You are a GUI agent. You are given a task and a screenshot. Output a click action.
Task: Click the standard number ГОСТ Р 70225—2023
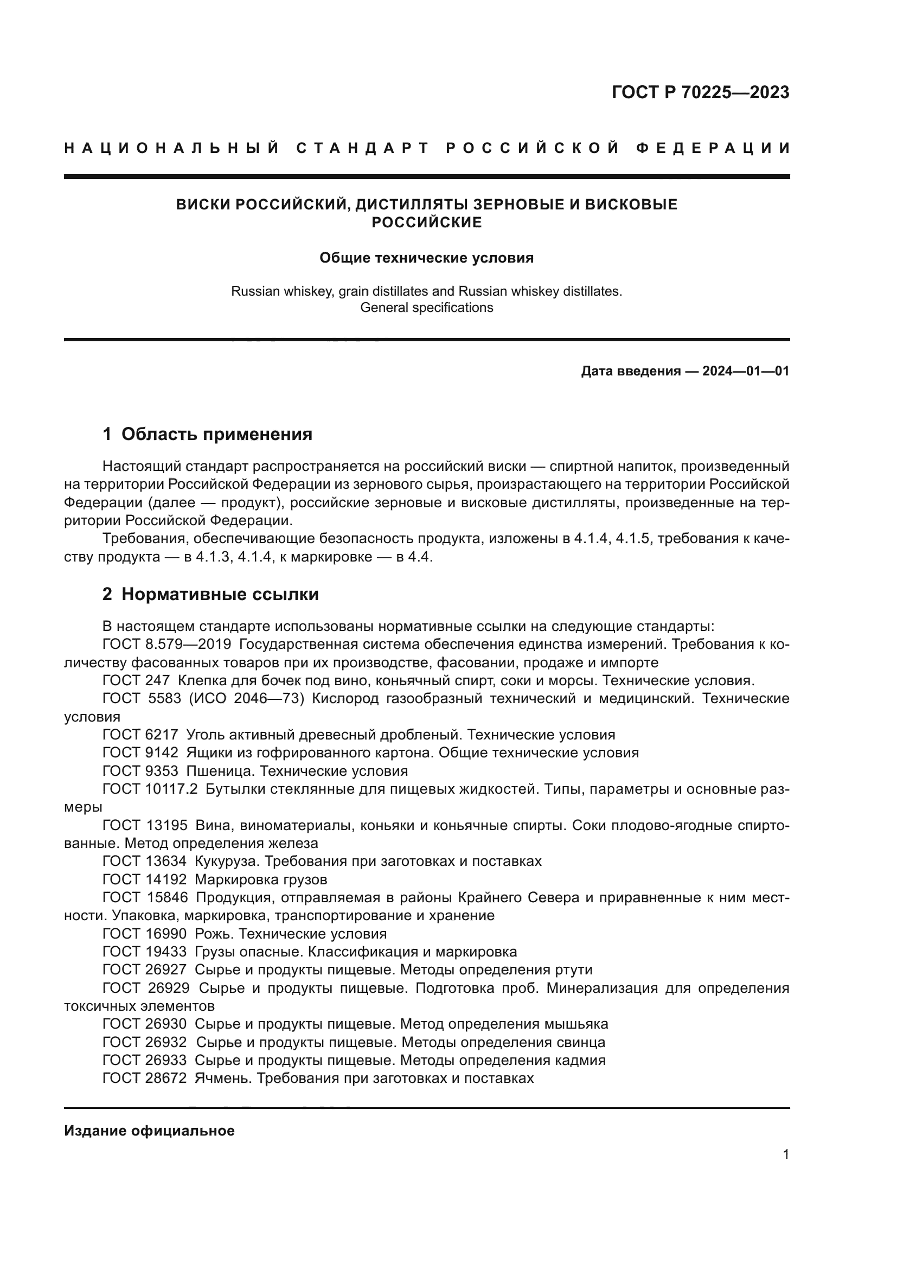tap(700, 92)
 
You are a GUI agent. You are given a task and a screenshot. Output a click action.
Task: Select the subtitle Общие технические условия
tap(426, 258)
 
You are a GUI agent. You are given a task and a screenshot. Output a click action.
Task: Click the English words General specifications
tap(426, 307)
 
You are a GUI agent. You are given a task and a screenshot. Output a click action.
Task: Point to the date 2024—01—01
tap(746, 371)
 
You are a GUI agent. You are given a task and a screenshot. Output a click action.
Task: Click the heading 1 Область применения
tap(208, 434)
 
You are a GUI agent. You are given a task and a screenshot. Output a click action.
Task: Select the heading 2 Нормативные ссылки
tap(210, 594)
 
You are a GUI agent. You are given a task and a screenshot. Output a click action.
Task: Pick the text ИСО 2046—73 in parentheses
tap(247, 699)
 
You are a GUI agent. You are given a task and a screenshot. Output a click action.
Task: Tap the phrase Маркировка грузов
tap(261, 879)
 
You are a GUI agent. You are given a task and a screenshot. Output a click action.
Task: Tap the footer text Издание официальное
tap(149, 1131)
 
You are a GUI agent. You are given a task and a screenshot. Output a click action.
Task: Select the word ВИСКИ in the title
tap(203, 205)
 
